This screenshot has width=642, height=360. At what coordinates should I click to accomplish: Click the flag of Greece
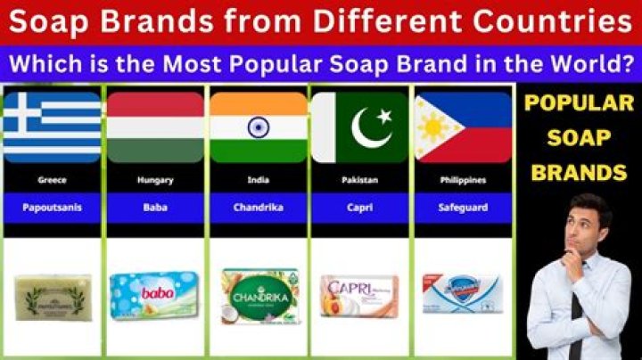(52, 127)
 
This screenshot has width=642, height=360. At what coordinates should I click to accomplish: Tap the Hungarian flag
(155, 127)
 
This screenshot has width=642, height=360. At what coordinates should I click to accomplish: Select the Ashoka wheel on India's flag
(259, 127)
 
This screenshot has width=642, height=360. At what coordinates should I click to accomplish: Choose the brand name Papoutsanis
(52, 208)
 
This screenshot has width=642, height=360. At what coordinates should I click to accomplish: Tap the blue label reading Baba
(155, 208)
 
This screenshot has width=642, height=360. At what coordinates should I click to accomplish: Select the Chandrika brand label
(259, 208)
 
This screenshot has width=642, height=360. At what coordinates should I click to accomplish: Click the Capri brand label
(360, 208)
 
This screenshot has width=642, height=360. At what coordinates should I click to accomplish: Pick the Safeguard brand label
(463, 208)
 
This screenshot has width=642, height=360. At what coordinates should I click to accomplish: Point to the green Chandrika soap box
(258, 292)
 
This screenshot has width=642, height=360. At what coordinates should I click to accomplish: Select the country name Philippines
(463, 180)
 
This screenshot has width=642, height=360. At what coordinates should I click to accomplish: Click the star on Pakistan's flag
(385, 117)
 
